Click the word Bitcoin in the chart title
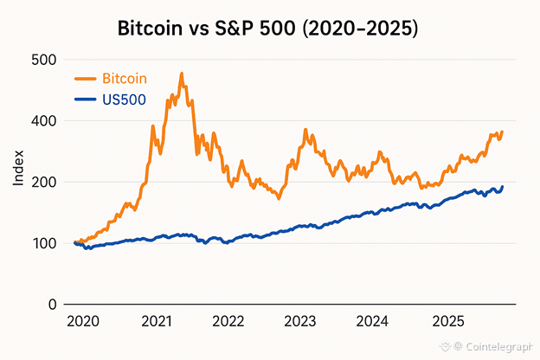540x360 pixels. pyautogui.click(x=150, y=29)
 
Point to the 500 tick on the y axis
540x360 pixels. pyautogui.click(x=45, y=60)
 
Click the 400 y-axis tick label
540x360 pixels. pyautogui.click(x=45, y=121)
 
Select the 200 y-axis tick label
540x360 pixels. pyautogui.click(x=45, y=182)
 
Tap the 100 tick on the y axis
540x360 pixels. pyautogui.click(x=45, y=243)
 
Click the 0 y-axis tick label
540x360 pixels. pyautogui.click(x=53, y=305)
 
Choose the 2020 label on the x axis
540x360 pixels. pyautogui.click(x=82, y=322)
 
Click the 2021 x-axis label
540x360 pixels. pyautogui.click(x=155, y=322)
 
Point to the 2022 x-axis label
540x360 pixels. pyautogui.click(x=228, y=322)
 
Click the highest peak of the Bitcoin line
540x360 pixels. pyautogui.click(x=182, y=74)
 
